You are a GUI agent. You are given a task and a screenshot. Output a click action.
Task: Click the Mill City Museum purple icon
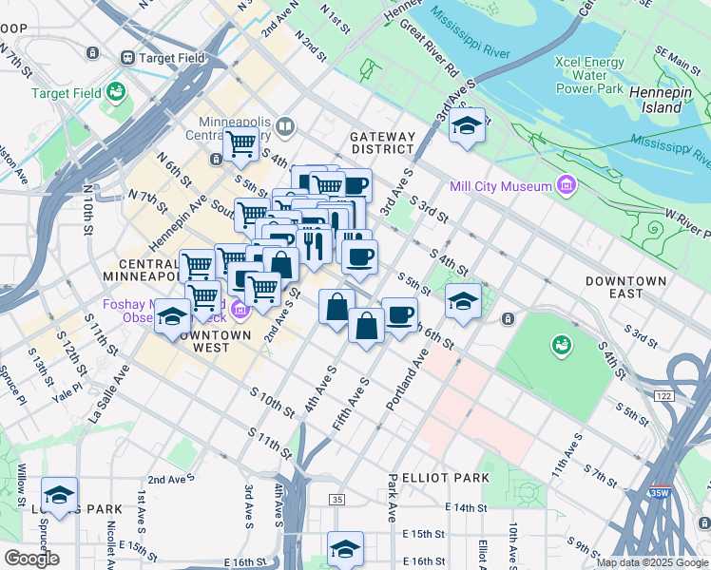point(567,183)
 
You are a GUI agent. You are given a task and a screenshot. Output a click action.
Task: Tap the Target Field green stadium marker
point(116,92)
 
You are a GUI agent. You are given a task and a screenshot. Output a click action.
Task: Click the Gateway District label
point(383,142)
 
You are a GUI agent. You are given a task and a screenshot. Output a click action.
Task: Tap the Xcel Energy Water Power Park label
point(588,76)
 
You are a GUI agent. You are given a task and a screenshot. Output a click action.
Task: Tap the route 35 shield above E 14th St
point(336,499)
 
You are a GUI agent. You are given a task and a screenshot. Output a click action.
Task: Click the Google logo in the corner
point(31,558)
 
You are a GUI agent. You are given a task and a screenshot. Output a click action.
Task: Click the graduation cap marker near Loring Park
point(60,494)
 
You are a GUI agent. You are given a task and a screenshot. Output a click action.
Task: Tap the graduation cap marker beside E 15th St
point(345,547)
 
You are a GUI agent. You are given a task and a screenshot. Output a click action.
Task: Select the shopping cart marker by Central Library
point(241,143)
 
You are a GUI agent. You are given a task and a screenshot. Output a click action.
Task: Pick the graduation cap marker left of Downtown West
point(172,314)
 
